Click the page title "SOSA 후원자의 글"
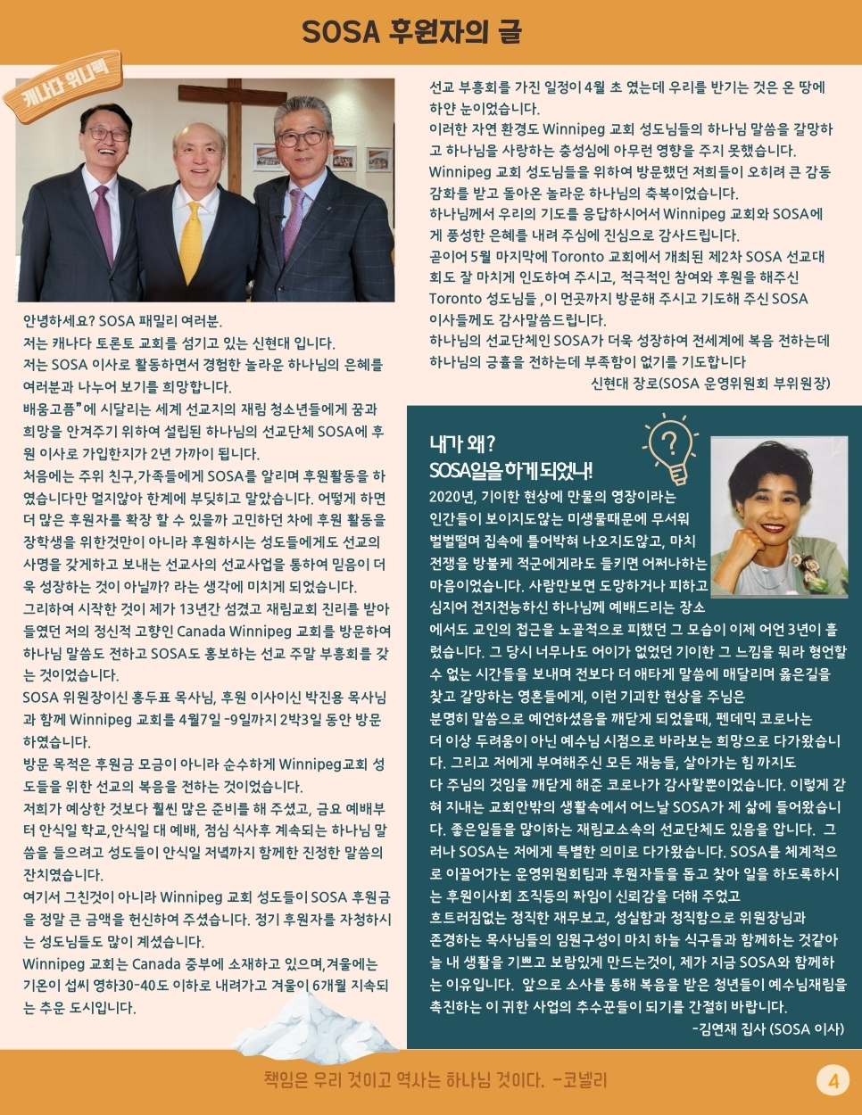click(x=411, y=33)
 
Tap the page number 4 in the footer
click(x=833, y=1081)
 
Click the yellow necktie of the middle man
click(x=191, y=242)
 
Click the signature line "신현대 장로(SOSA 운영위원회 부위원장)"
click(x=710, y=383)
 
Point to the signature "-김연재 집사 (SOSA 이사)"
click(x=767, y=1028)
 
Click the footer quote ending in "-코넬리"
click(x=435, y=1081)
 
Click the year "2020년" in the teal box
click(x=452, y=496)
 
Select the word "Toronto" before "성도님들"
click(x=456, y=299)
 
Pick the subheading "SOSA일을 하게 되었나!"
click(x=510, y=470)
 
